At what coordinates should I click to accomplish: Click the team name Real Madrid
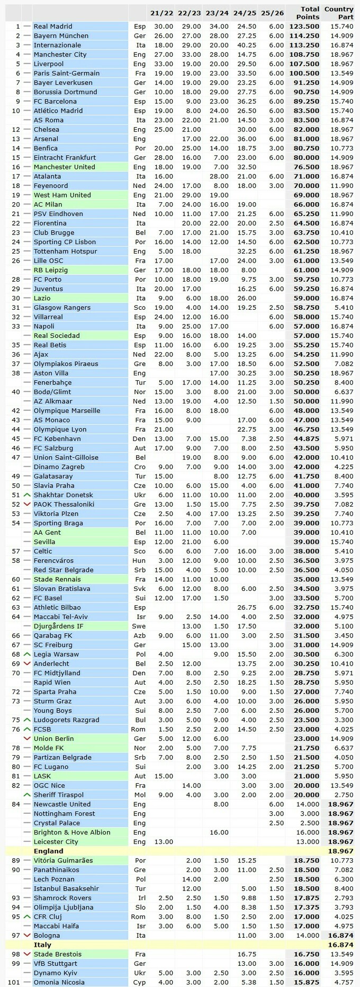(53, 26)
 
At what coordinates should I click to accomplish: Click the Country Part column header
(339, 13)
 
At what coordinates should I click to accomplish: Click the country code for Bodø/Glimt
(140, 392)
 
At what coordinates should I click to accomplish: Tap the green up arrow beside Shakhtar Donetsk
(28, 495)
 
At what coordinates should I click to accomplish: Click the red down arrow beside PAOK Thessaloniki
(28, 505)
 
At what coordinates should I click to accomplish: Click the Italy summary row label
(43, 945)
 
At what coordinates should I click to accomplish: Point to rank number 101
(14, 982)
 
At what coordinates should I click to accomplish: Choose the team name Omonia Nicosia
(59, 982)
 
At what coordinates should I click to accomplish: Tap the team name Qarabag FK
(53, 635)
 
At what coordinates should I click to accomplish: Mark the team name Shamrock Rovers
(62, 898)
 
